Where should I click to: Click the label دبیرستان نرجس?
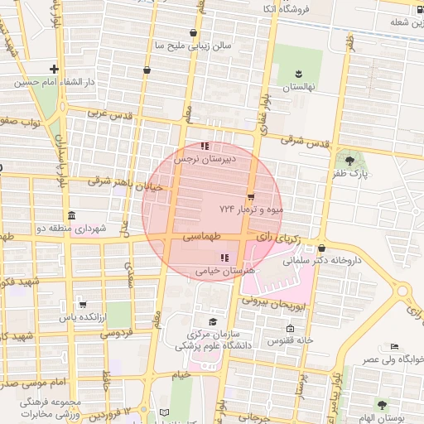(x=210, y=157)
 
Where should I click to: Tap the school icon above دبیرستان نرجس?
(x=205, y=147)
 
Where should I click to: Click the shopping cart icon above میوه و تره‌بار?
(x=251, y=196)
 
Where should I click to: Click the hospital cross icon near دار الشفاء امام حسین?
(x=55, y=69)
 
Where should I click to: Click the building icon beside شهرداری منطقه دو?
(x=70, y=215)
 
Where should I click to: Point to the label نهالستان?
(x=296, y=87)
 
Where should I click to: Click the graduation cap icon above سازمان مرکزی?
(x=213, y=322)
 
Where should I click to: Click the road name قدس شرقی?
(x=305, y=142)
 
